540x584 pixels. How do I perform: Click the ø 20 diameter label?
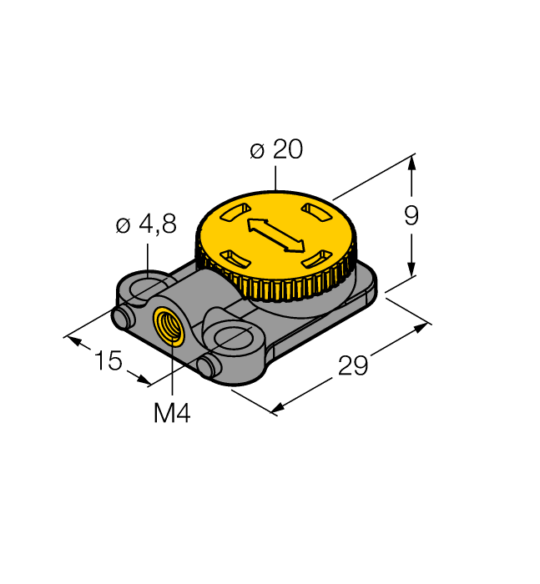[x=275, y=150]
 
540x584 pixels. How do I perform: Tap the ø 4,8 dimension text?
[x=146, y=224]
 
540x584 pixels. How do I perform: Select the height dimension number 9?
[x=411, y=216]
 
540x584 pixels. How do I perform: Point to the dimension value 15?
[x=109, y=361]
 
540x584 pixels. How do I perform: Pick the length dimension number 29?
[x=354, y=365]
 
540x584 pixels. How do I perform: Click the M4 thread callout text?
[x=172, y=414]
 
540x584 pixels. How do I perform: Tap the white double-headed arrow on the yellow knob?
[x=275, y=234]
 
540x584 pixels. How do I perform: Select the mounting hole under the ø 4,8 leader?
[x=147, y=289]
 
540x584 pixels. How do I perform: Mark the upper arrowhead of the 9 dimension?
[x=411, y=164]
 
